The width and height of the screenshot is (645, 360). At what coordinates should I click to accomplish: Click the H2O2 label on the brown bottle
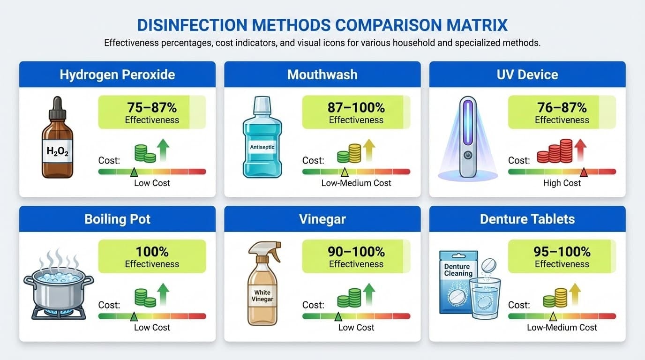point(58,151)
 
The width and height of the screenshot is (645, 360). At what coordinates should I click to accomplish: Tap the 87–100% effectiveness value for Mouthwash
point(356,108)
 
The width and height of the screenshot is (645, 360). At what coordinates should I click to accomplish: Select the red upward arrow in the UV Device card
point(580,150)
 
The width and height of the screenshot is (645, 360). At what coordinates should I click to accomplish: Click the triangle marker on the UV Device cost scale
point(584,172)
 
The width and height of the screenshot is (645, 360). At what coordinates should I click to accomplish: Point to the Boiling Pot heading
point(118,219)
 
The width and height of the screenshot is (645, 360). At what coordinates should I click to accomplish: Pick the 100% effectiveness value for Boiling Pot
point(152,252)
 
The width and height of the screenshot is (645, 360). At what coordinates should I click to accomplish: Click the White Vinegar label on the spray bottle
point(262,296)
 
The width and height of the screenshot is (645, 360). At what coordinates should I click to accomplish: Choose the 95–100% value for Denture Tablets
point(562,252)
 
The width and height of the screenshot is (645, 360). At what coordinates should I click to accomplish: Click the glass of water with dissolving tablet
point(485,298)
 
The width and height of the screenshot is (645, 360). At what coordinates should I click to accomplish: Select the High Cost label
point(562,183)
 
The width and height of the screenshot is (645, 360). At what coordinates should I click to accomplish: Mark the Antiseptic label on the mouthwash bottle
point(262,147)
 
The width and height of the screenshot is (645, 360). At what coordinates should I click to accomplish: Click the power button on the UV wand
point(468,155)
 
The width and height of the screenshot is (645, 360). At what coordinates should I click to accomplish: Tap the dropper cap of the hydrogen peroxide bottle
point(57,108)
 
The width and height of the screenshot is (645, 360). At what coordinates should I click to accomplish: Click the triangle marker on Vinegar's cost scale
point(338,316)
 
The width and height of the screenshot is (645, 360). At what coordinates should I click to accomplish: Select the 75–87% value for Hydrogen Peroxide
point(152,108)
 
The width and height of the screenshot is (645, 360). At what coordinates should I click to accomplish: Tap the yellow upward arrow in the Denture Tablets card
point(575,294)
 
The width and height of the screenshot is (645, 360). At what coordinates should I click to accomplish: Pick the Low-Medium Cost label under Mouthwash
point(356,183)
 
